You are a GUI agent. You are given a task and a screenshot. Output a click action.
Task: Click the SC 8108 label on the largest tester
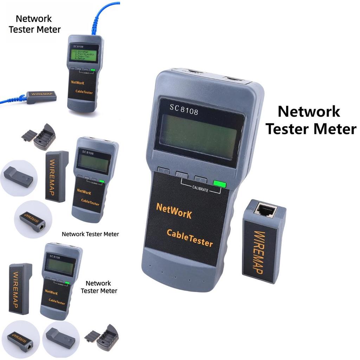(184, 110)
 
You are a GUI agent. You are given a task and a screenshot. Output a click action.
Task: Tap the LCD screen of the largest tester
(198, 136)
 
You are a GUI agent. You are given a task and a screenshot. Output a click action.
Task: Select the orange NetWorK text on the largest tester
(174, 211)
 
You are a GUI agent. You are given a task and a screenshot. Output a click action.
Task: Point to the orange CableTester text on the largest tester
(189, 238)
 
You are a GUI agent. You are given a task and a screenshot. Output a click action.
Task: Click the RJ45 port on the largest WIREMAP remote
(266, 210)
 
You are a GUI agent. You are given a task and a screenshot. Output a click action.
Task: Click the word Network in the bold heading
(309, 112)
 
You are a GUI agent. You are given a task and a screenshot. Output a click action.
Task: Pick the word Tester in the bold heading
(288, 129)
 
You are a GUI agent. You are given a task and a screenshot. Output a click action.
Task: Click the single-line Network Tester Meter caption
(90, 234)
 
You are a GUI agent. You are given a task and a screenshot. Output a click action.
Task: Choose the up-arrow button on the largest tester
(200, 178)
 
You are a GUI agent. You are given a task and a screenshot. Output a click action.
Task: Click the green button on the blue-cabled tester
(93, 70)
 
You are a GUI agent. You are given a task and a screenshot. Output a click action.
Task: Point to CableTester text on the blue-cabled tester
(84, 92)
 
